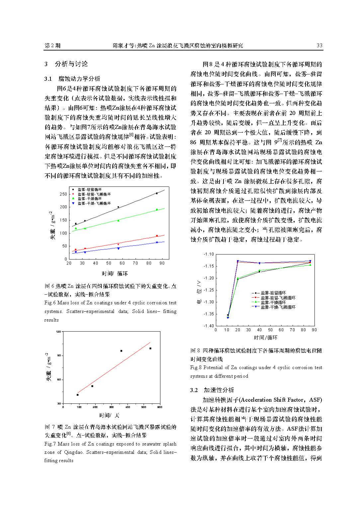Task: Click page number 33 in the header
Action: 319,46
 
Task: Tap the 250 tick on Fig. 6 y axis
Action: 63,194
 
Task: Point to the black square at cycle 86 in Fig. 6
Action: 157,193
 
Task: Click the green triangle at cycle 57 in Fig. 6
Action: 118,220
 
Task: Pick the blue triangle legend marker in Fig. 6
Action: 73,203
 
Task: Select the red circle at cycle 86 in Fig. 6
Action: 157,236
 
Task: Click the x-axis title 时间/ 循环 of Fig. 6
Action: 115,273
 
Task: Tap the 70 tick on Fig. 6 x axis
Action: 135,263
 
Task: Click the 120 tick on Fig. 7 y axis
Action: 59,332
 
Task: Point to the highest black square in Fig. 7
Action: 150,348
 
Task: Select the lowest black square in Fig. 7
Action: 78,395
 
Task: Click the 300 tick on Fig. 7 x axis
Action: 112,407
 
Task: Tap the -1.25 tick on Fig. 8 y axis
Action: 209,290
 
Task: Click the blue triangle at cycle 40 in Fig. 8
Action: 259,263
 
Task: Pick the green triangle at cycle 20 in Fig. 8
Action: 238,278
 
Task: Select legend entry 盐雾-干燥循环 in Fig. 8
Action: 273,303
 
